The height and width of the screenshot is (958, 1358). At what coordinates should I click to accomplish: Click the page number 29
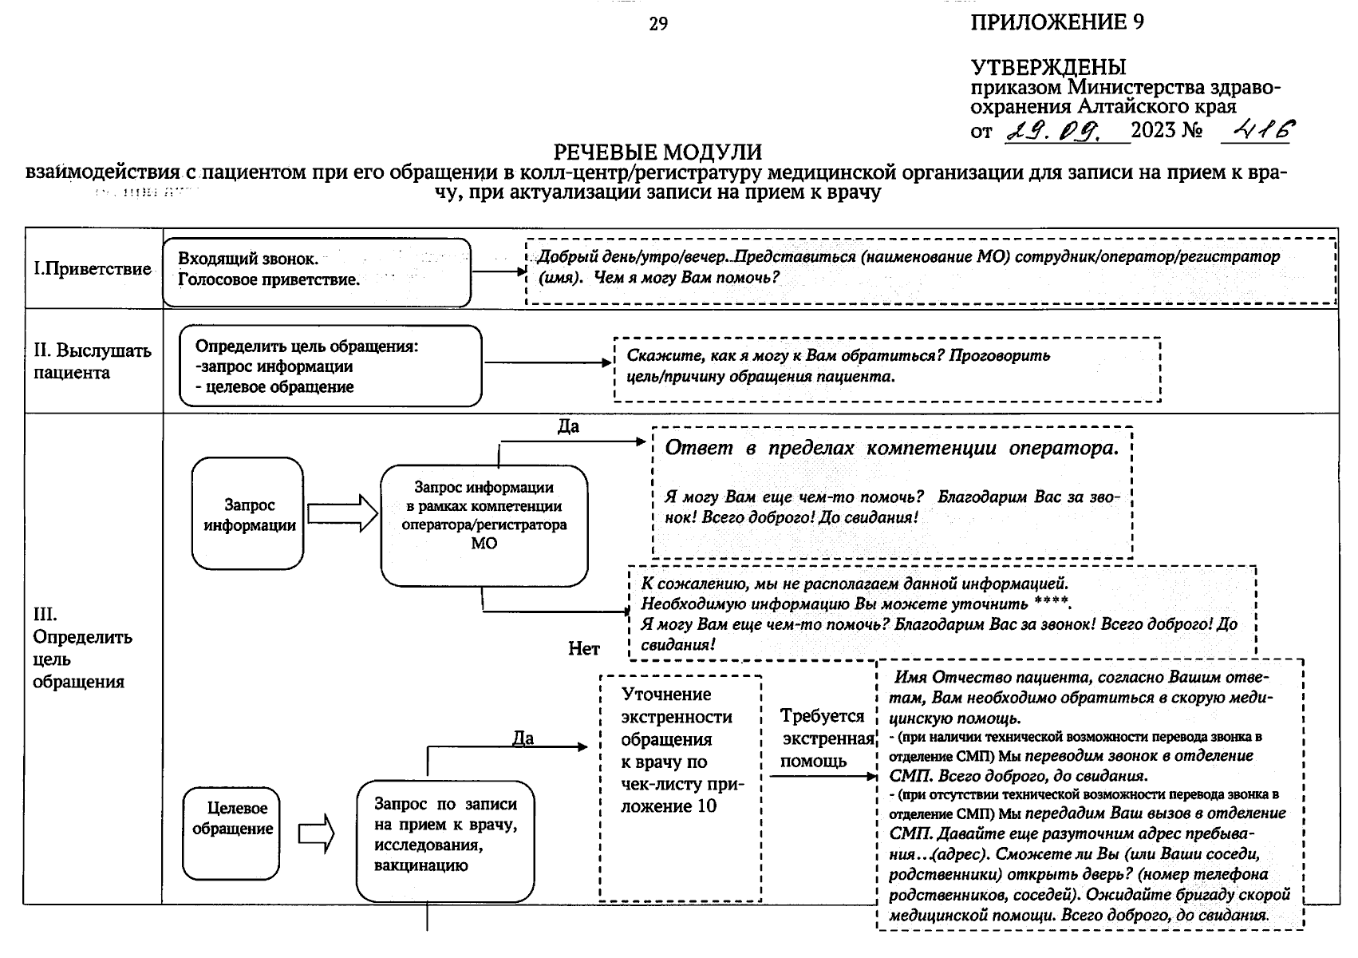pyautogui.click(x=658, y=25)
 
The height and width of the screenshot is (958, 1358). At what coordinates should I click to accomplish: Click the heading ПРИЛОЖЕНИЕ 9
pyautogui.click(x=1056, y=22)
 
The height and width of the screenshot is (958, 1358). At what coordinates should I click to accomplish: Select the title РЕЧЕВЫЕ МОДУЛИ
pyautogui.click(x=657, y=152)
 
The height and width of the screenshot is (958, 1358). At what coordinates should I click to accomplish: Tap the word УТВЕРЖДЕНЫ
pyautogui.click(x=1048, y=67)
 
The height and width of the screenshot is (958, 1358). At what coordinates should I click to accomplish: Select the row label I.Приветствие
pyautogui.click(x=92, y=269)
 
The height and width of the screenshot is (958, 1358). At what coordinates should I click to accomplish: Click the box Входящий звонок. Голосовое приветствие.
pyautogui.click(x=316, y=271)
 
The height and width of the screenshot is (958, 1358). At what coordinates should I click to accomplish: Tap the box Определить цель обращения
pyautogui.click(x=330, y=366)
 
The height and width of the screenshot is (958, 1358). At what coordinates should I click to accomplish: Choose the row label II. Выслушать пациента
pyautogui.click(x=92, y=361)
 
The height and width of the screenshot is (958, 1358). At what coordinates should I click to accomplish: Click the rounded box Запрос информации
pyautogui.click(x=248, y=514)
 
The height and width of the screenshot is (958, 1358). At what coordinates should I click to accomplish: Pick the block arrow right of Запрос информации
pyautogui.click(x=342, y=513)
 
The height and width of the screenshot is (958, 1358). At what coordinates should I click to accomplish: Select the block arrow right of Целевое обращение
pyautogui.click(x=317, y=833)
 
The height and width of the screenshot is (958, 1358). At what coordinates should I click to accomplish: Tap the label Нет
pyautogui.click(x=583, y=649)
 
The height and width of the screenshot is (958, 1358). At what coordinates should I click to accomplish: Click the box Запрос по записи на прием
pyautogui.click(x=444, y=835)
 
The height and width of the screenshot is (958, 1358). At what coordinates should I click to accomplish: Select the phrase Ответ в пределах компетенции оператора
pyautogui.click(x=891, y=448)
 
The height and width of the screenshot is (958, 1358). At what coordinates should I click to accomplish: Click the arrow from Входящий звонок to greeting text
pyautogui.click(x=499, y=271)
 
